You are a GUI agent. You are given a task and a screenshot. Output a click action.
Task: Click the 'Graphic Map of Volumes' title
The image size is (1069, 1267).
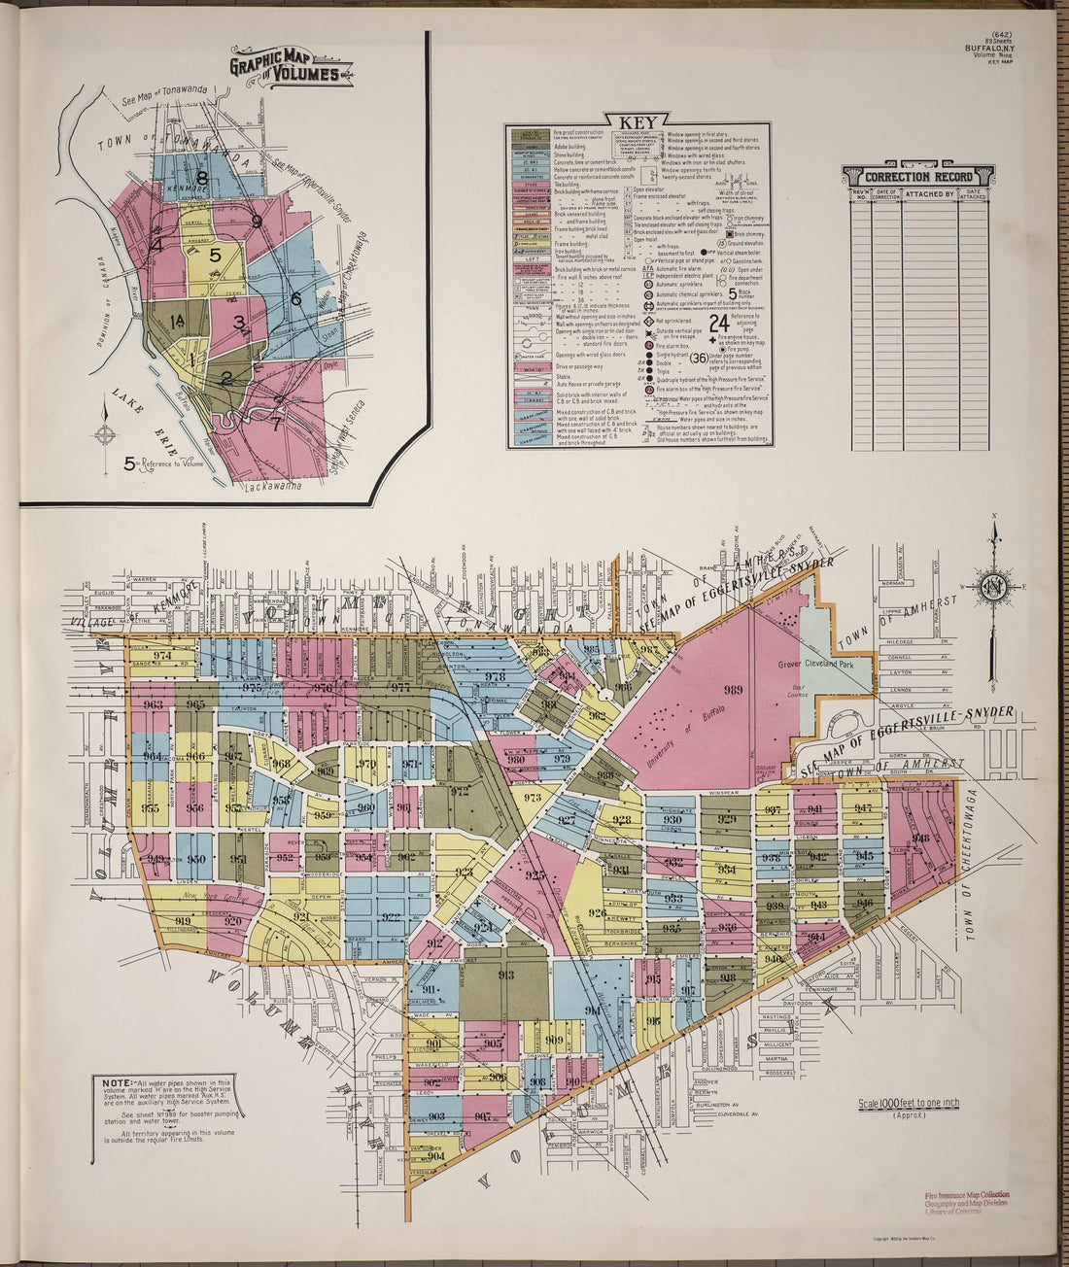pyautogui.click(x=290, y=66)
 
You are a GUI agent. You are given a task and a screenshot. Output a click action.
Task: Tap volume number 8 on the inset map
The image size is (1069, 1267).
pyautogui.click(x=202, y=178)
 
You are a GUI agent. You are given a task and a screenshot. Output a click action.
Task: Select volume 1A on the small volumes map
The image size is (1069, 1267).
pyautogui.click(x=177, y=322)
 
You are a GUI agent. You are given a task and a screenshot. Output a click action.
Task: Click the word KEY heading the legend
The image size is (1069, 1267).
pyautogui.click(x=637, y=122)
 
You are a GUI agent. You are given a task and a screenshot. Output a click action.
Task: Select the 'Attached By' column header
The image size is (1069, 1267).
pyautogui.click(x=929, y=194)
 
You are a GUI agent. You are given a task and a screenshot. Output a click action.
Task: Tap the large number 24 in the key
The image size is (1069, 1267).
pyautogui.click(x=720, y=323)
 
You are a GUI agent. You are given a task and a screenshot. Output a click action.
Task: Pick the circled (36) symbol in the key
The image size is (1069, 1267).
pyautogui.click(x=706, y=357)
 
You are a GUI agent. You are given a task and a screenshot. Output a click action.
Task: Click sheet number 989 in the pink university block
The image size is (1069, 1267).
pyautogui.click(x=733, y=689)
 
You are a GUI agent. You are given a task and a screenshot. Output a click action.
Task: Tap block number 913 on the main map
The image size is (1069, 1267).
pyautogui.click(x=505, y=975)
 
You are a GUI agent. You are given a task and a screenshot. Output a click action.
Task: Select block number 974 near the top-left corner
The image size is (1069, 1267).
pyautogui.click(x=161, y=656)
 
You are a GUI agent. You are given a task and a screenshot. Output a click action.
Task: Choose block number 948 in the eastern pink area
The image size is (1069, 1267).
pyautogui.click(x=920, y=839)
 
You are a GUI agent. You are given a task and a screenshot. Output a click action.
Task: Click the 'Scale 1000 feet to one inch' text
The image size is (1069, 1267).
pyautogui.click(x=909, y=1103)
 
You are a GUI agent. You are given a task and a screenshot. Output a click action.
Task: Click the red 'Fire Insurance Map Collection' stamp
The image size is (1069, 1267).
pyautogui.click(x=966, y=1194)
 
